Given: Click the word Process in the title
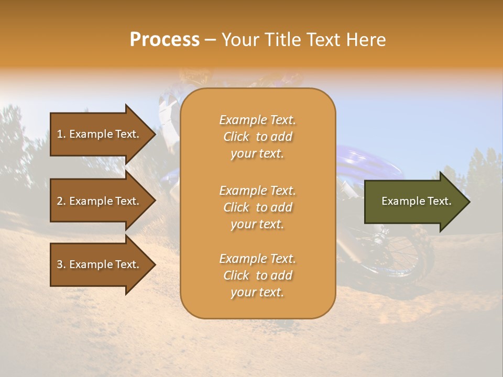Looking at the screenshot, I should pyautogui.click(x=165, y=40).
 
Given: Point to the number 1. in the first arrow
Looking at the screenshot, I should pyautogui.click(x=61, y=135).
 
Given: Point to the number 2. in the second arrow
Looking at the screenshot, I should pyautogui.click(x=61, y=202).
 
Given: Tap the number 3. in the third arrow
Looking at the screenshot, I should pyautogui.click(x=61, y=265).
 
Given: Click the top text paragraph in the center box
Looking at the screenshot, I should pyautogui.click(x=257, y=137).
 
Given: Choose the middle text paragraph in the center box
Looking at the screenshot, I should pyautogui.click(x=257, y=207).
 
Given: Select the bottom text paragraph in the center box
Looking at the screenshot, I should pyautogui.click(x=257, y=275).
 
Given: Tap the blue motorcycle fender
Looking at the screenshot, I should pyautogui.click(x=367, y=160).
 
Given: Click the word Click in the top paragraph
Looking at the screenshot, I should pyautogui.click(x=236, y=137).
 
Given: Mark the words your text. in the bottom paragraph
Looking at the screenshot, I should pyautogui.click(x=257, y=293).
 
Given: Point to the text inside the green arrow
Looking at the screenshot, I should pyautogui.click(x=416, y=201).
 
